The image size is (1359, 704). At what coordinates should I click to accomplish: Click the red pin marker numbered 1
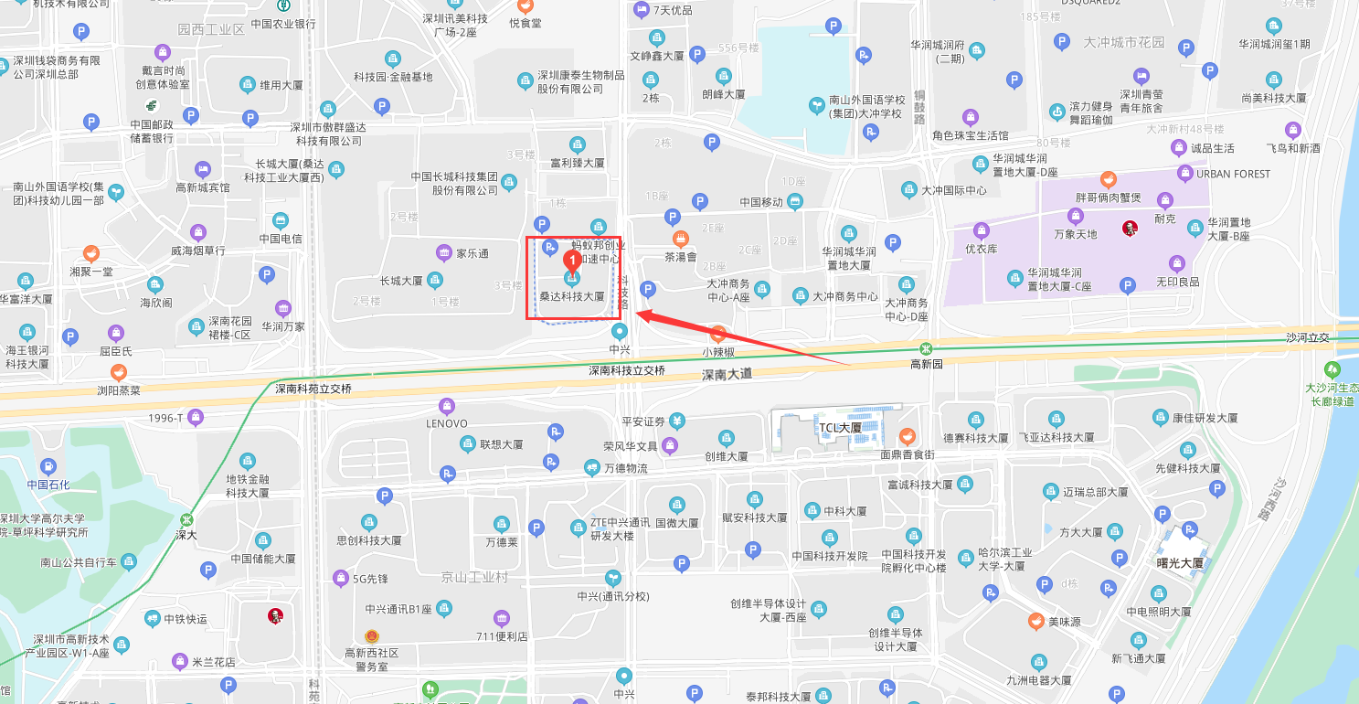tap(572, 260)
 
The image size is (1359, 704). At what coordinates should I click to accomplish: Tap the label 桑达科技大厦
tap(572, 296)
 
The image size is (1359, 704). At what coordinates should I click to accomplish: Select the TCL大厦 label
tap(840, 427)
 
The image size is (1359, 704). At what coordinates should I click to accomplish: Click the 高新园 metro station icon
tap(926, 348)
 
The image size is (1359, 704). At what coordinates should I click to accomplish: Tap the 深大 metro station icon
tap(186, 519)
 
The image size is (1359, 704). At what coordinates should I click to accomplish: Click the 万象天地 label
tap(1075, 234)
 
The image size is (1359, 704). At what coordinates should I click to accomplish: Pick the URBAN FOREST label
tap(1234, 174)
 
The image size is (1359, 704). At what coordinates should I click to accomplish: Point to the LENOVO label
tap(447, 423)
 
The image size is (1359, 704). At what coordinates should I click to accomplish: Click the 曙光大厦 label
tap(1180, 563)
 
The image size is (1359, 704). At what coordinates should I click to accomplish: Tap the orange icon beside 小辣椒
tap(718, 335)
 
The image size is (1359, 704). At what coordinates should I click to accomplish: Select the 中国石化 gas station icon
tap(48, 466)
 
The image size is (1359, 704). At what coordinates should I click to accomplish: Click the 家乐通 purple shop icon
tap(444, 253)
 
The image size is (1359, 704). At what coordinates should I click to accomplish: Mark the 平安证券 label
tap(643, 421)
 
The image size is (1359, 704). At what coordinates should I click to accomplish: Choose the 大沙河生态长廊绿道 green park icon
tap(1332, 370)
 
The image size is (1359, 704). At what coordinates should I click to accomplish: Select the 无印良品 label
tap(1177, 282)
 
